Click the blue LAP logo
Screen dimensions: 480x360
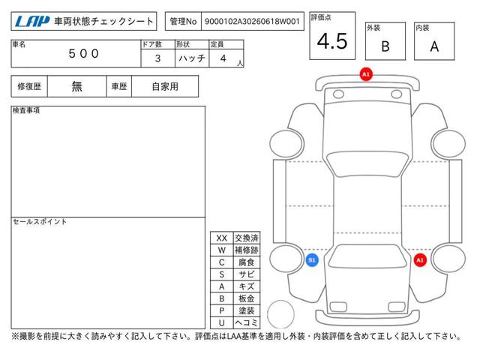(32, 22)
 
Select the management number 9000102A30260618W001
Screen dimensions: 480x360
(252, 22)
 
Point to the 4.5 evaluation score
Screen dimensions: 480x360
(332, 41)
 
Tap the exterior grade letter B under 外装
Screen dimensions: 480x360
(385, 46)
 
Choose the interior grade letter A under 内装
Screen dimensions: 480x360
(434, 46)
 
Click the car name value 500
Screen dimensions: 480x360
(83, 53)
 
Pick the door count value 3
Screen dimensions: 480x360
(157, 58)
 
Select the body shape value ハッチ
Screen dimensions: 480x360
(192, 58)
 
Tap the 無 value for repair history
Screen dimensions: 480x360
(76, 86)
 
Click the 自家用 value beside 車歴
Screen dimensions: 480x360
(165, 87)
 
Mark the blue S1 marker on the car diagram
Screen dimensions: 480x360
(312, 260)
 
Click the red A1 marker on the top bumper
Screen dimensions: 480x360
(366, 74)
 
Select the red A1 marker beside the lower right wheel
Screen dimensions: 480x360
(420, 260)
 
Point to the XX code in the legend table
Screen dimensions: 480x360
(222, 238)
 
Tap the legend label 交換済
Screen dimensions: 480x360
(247, 238)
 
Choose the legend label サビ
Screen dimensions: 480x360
(247, 274)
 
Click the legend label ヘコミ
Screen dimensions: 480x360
(247, 322)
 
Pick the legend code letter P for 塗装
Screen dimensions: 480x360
(222, 310)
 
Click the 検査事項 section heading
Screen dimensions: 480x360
(26, 110)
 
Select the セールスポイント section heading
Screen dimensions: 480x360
(40, 221)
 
